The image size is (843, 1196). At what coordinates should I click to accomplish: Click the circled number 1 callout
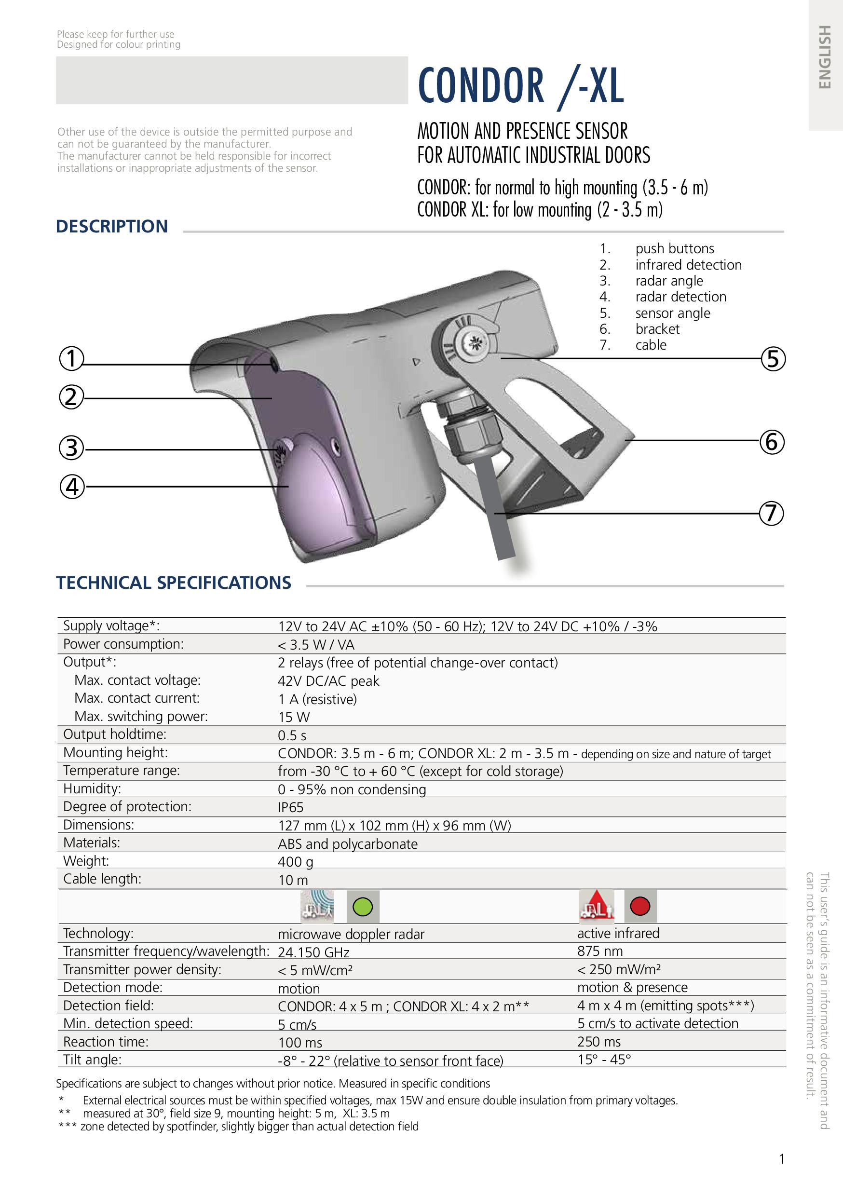(71, 358)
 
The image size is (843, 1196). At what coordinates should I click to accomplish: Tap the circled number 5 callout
(773, 359)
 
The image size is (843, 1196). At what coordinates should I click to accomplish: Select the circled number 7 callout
(771, 513)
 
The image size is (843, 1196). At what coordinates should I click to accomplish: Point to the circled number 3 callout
(71, 448)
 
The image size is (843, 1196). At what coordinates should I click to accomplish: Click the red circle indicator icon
(640, 906)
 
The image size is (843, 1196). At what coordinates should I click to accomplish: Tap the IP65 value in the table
(290, 807)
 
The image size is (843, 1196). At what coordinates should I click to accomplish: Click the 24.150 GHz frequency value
(313, 952)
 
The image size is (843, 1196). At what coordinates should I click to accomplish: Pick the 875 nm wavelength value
(599, 951)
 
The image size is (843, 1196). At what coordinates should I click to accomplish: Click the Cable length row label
(102, 879)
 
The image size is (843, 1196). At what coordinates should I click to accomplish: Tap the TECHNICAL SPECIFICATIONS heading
(174, 583)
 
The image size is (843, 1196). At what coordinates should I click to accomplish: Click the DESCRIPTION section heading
(112, 227)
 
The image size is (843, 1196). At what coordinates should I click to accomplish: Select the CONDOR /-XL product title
(520, 86)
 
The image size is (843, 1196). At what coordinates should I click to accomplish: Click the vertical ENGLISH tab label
(824, 57)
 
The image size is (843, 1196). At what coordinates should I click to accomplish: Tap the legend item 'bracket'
(657, 329)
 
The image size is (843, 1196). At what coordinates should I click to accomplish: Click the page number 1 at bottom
(782, 1158)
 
